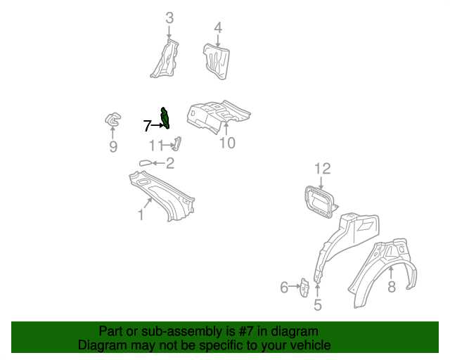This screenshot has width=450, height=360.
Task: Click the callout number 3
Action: pyautogui.click(x=169, y=18)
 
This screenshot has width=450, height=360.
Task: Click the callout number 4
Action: pyautogui.click(x=218, y=27)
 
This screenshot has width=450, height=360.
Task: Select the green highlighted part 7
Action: pyautogui.click(x=165, y=118)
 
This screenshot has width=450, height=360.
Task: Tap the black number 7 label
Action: pyautogui.click(x=147, y=126)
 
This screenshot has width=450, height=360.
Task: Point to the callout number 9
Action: pyautogui.click(x=113, y=147)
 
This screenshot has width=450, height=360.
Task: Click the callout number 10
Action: pyautogui.click(x=226, y=143)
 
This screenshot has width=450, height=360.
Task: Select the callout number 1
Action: pyautogui.click(x=141, y=214)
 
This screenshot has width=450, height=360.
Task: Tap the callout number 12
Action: pyautogui.click(x=322, y=168)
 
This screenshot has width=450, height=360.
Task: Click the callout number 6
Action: pyautogui.click(x=284, y=286)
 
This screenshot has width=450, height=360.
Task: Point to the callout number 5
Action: pyautogui.click(x=317, y=305)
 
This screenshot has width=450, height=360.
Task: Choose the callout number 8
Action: pyautogui.click(x=392, y=286)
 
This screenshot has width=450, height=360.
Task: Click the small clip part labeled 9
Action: pyautogui.click(x=112, y=121)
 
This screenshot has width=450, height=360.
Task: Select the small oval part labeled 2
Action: pyautogui.click(x=146, y=163)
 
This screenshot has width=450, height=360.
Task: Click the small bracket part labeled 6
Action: pyautogui.click(x=305, y=287)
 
